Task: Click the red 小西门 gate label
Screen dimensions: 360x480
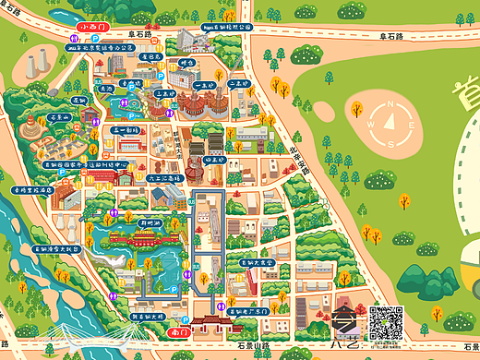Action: (x=93, y=28)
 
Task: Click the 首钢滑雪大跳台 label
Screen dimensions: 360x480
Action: (x=57, y=249)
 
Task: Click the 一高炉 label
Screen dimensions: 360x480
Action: (x=205, y=85)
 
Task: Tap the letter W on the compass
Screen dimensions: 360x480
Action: (x=370, y=123)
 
